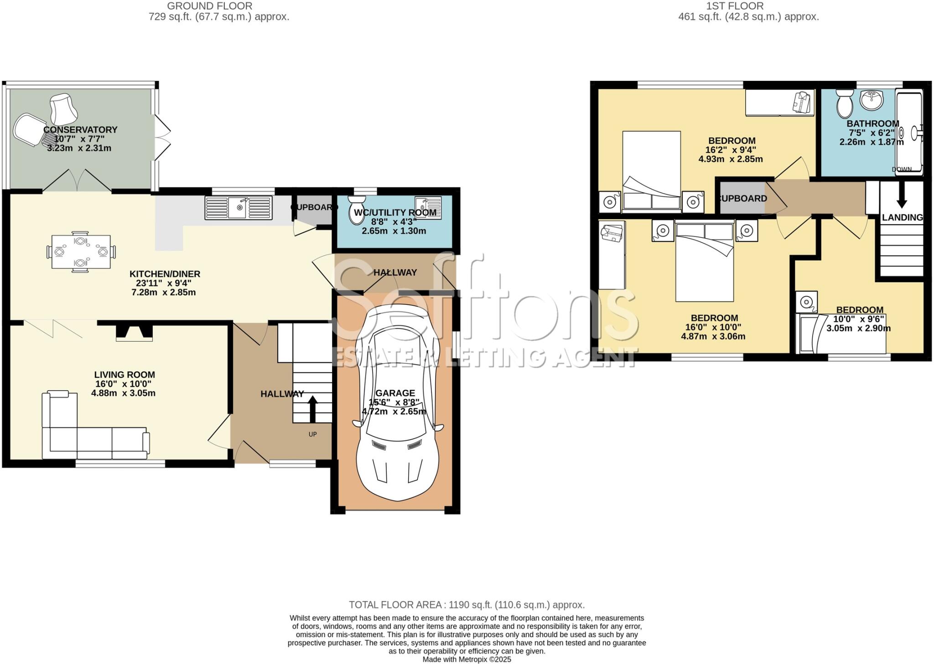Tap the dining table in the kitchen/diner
point(81,251)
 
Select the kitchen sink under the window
point(239,208)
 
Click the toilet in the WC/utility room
point(356,211)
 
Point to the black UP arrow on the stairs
point(313,408)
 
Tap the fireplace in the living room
point(134,332)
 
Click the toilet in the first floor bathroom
point(845,104)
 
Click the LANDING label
point(902,218)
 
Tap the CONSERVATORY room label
point(80,130)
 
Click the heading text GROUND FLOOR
point(209,6)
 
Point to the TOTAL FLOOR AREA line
point(467,605)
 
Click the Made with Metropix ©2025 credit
point(467,659)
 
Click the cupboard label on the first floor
point(742,199)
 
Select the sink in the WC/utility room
point(428,208)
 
